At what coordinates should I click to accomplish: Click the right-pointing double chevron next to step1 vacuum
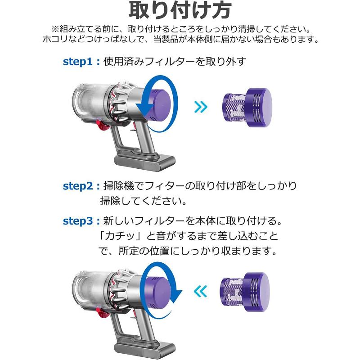click(x=201, y=107)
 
